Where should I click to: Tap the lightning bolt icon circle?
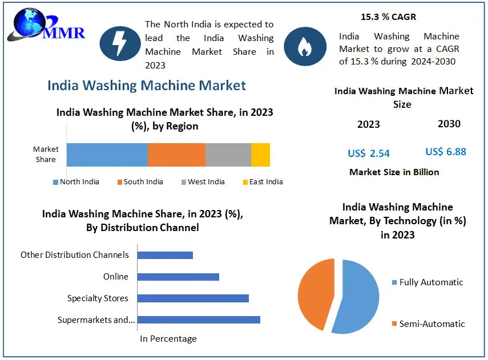120,43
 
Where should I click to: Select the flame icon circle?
305,43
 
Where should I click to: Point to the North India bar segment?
107,155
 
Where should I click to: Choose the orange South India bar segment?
176,155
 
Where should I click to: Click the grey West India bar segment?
228,155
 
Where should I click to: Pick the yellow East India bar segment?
260,155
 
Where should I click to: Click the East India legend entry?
263,182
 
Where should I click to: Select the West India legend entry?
203,182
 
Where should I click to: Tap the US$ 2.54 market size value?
369,153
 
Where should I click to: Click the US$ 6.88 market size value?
446,152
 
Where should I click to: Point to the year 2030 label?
449,124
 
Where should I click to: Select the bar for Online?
178,277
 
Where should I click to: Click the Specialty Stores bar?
193,298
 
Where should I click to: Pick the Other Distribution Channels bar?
165,255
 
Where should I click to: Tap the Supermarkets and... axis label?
96,320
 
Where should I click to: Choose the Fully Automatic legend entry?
427,282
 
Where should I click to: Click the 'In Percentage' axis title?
168,339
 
